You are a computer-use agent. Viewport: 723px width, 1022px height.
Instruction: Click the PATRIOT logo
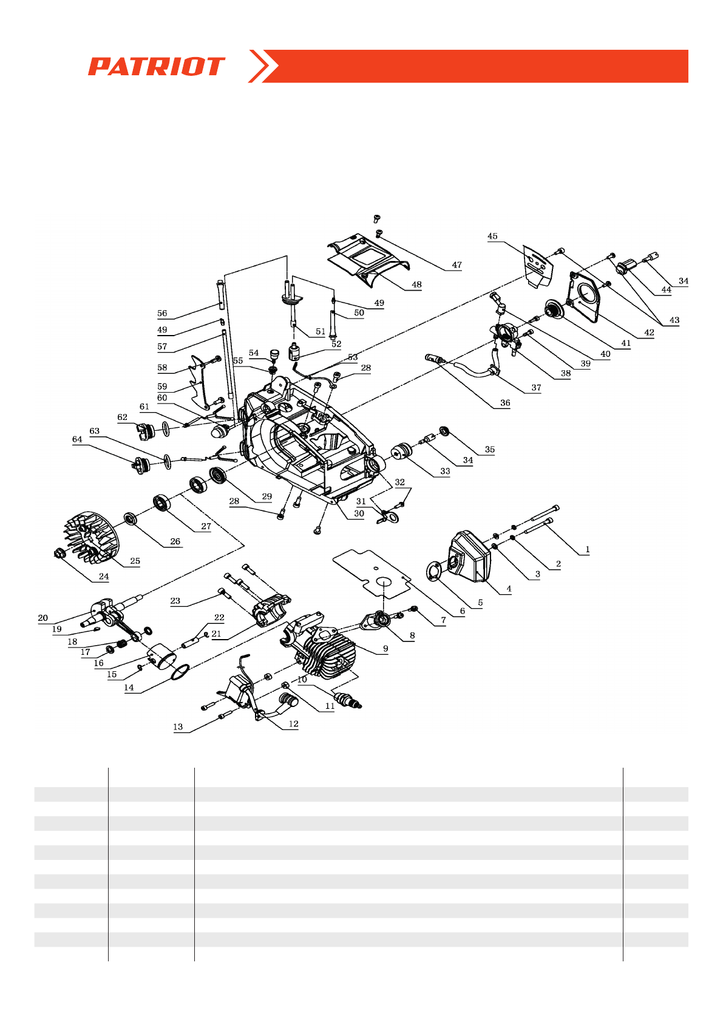pos(156,66)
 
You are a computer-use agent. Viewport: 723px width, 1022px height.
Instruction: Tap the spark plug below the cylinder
pos(347,699)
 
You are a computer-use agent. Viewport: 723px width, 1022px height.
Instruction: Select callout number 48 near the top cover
pos(416,285)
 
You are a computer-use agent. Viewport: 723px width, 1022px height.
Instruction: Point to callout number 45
pos(492,237)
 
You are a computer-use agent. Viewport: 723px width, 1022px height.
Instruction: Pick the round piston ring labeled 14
pos(180,672)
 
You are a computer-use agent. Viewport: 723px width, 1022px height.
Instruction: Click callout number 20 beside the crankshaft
pos(42,618)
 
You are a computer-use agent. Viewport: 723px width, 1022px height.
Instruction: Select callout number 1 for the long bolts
pos(587,550)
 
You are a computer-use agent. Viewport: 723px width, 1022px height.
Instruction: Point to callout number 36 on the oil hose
pos(505,403)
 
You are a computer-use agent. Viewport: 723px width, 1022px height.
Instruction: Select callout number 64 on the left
pos(77,439)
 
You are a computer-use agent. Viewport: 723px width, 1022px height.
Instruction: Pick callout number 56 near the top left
pos(162,314)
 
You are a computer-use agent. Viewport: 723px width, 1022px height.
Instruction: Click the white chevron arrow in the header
pos(263,66)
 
